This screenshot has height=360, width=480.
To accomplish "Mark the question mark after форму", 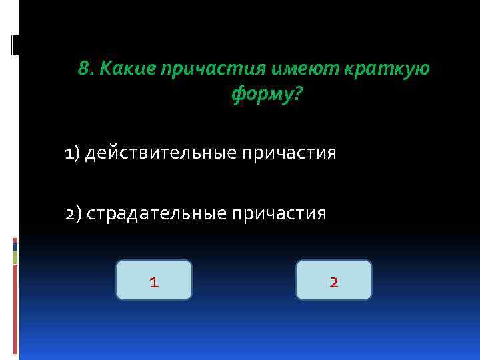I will click(x=297, y=97).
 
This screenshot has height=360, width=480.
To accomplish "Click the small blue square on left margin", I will click(x=15, y=247).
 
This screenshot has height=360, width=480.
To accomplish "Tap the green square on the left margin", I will click(x=15, y=258).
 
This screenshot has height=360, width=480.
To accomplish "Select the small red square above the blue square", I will click(x=15, y=240).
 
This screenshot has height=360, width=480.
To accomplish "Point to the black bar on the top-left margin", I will click(x=15, y=45).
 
